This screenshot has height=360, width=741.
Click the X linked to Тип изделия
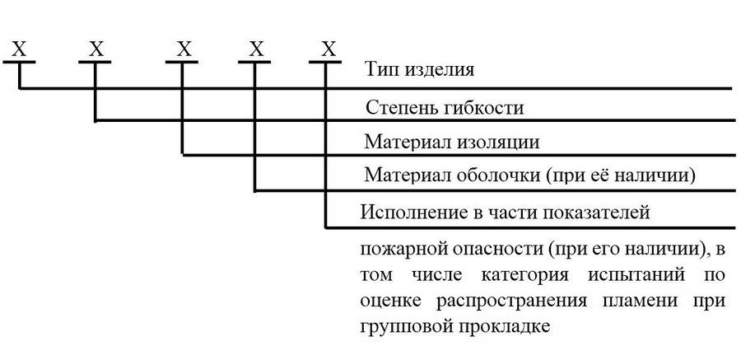pyautogui.click(x=19, y=49)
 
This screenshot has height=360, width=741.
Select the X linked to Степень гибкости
pyautogui.click(x=96, y=49)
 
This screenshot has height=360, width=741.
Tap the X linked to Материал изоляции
pyautogui.click(x=183, y=49)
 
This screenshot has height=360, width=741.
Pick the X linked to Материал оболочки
pyautogui.click(x=256, y=49)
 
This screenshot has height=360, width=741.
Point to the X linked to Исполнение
pyautogui.click(x=329, y=49)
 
